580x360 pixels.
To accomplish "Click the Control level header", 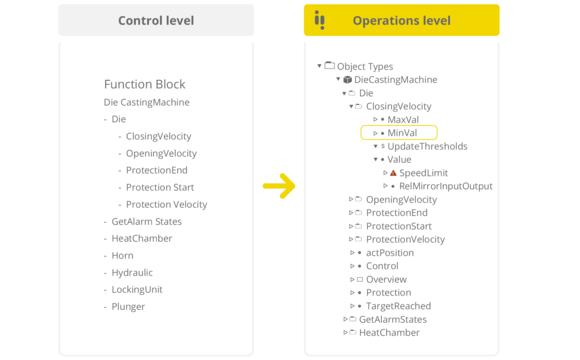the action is pos(156,20).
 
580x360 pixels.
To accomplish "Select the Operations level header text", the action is pos(401,20).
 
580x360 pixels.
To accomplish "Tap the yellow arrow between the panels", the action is pos(279,185).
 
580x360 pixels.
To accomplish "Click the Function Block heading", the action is pos(144,84).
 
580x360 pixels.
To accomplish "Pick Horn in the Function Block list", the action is pos(122,255).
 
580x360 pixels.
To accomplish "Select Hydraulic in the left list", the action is pos(132,272).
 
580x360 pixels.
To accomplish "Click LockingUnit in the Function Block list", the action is pos(136,289).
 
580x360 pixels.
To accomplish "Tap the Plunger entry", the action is pos(128,306).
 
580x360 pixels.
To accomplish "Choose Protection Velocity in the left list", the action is pos(166,204).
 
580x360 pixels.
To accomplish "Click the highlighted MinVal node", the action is pos(402,133).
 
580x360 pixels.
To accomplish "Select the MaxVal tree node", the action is pos(403,120).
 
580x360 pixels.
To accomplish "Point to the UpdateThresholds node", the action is pos(427,146).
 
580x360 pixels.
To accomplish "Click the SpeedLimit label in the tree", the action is pos(423,173).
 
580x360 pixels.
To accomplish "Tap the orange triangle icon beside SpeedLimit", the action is pos(393,173).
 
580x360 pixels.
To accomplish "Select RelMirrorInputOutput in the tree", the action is pos(445,186).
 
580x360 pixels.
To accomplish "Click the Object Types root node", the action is pos(365,66).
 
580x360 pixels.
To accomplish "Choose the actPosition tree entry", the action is pos(390,253).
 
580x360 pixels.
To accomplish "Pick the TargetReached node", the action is pos(398,306).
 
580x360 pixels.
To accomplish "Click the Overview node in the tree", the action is pos(387,280).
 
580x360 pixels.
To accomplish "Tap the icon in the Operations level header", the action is pos(320,20).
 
